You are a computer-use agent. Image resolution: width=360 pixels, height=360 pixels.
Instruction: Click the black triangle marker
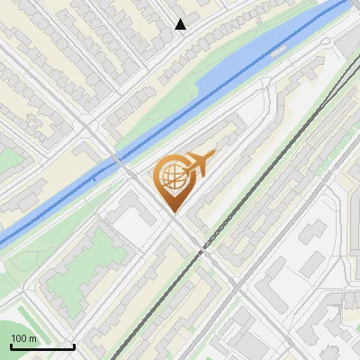point(181,24)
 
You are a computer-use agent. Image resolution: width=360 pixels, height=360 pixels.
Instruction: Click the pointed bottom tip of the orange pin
point(173,211)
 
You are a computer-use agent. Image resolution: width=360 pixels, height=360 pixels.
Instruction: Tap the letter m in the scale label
point(33,338)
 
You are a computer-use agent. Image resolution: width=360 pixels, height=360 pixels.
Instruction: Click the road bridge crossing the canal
point(119,161)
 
